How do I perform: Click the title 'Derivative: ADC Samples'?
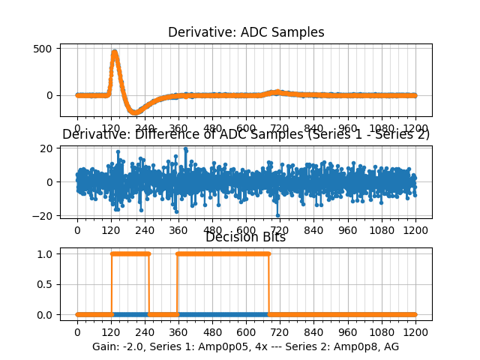246,32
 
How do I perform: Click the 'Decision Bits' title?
245,237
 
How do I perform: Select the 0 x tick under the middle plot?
76,231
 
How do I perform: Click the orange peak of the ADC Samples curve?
114,52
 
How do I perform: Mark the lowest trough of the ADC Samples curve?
134,112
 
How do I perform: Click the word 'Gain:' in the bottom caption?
106,346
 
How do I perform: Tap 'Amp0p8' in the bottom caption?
358,346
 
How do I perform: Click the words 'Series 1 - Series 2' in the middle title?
374,135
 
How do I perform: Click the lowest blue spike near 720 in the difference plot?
277,214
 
